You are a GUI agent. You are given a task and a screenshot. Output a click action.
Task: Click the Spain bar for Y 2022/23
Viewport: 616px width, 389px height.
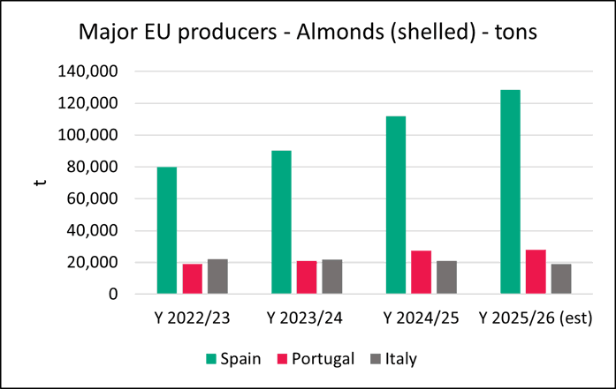pos(166,230)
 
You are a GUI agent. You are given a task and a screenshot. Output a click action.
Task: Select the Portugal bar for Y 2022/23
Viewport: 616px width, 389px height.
pos(192,279)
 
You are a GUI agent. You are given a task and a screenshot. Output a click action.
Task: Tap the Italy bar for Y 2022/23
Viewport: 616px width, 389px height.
pos(217,276)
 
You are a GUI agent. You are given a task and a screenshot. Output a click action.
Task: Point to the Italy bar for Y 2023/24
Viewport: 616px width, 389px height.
pos(332,276)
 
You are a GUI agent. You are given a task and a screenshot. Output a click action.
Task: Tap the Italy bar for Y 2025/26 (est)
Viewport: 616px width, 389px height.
pos(561,279)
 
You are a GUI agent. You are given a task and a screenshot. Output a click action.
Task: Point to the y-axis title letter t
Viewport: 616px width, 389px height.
pos(36,183)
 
